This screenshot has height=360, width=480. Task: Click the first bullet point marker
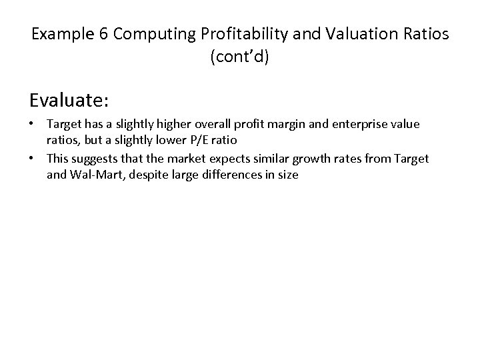[33, 125]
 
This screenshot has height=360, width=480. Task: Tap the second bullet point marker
[33, 158]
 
